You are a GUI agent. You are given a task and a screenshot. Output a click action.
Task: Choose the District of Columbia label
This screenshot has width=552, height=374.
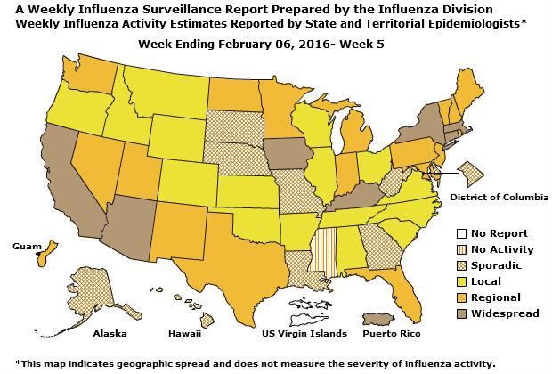point(499,195)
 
